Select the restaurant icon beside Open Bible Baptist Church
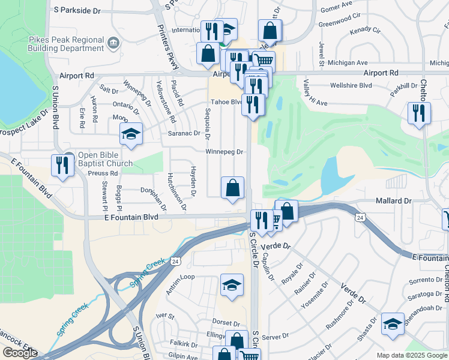click(62, 165)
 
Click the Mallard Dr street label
click(394, 201)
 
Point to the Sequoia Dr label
click(208, 124)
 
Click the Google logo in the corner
click(20, 353)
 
